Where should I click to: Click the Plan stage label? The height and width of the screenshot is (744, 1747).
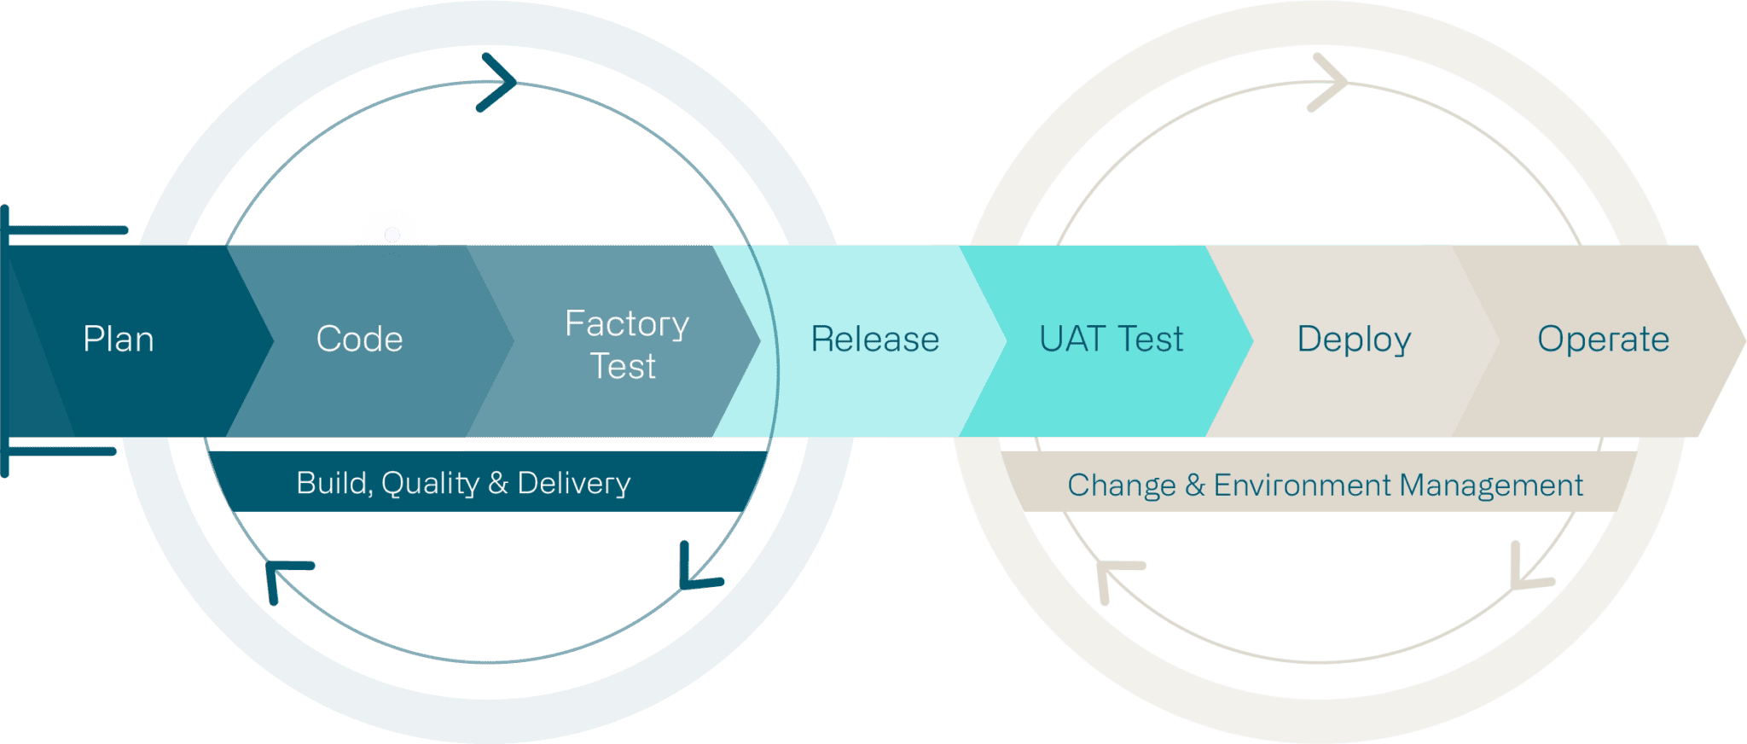coord(119,340)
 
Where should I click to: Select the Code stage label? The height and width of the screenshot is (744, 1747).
coord(359,340)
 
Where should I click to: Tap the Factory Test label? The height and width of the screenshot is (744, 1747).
coord(626,345)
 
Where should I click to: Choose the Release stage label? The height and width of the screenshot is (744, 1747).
coord(874,340)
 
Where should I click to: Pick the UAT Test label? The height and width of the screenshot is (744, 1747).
coord(1111,340)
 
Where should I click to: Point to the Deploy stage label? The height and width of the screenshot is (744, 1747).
coord(1354,340)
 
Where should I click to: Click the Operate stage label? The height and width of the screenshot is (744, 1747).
coord(1603,340)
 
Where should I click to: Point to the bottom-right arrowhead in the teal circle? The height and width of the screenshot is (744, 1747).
coord(695,572)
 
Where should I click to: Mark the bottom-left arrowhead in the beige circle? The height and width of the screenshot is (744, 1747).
coord(1113,576)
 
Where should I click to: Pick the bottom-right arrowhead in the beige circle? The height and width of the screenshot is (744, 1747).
coord(1527,572)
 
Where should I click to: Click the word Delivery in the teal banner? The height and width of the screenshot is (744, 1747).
coord(573,484)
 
